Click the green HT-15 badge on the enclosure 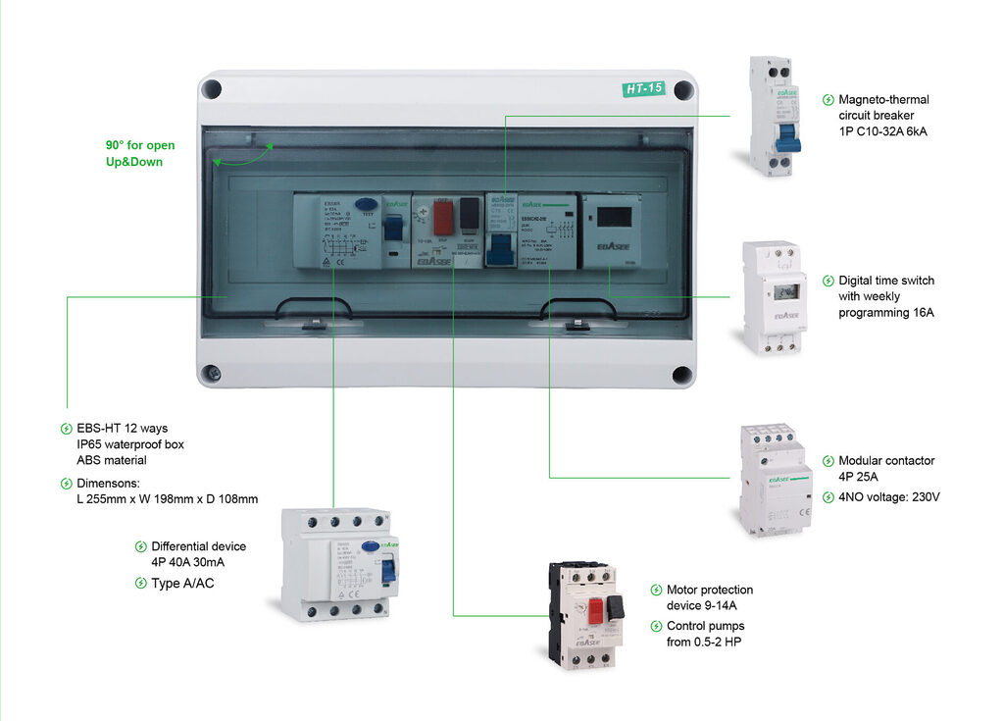click(x=644, y=89)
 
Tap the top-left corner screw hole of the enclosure click(x=211, y=89)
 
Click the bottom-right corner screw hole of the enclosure click(x=682, y=374)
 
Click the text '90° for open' click(x=140, y=145)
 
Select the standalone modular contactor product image click(x=774, y=480)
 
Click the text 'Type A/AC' click(x=182, y=584)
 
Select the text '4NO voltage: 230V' click(x=888, y=497)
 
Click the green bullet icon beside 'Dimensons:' click(x=67, y=483)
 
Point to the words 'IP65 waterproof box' click(x=130, y=444)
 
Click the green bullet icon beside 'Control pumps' click(x=656, y=626)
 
